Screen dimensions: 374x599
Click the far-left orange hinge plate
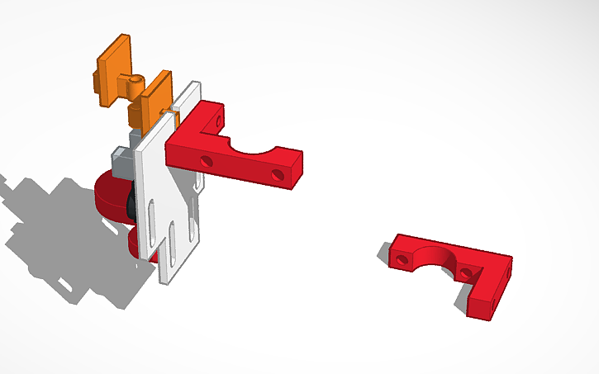113,70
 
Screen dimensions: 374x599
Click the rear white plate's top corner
195,84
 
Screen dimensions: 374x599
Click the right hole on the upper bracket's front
278,174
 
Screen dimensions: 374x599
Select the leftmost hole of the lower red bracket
402,259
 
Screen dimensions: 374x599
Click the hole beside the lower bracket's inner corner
468,273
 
